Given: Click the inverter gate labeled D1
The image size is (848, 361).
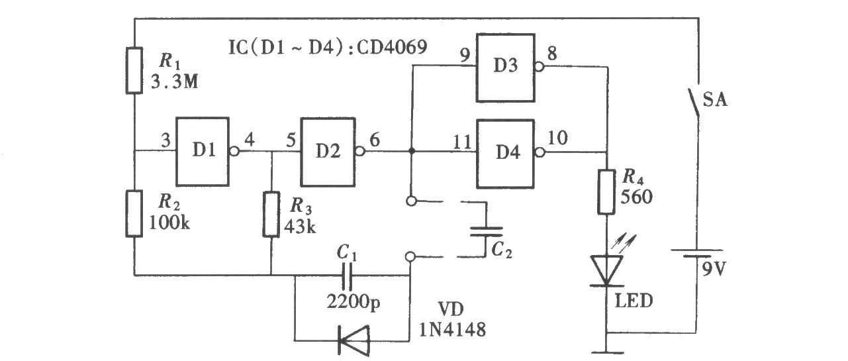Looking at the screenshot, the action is [203, 152].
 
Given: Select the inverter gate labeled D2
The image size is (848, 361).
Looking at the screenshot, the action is [328, 152].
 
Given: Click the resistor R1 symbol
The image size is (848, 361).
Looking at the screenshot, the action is [134, 70].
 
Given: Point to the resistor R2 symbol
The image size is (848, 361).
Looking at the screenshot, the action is [134, 214].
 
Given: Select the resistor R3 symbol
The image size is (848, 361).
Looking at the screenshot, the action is [271, 215].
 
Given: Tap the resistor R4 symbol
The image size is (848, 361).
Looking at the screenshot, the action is [606, 192].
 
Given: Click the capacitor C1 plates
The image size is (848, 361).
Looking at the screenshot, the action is [347, 276].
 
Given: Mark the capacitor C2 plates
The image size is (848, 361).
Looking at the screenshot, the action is [486, 231].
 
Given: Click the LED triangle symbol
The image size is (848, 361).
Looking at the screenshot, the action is [606, 270].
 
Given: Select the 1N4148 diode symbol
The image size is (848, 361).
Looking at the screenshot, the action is [353, 340].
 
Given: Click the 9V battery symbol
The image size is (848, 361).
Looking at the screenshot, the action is [696, 254].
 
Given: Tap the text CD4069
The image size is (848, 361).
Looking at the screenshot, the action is [392, 47].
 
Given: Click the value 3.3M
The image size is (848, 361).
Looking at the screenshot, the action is [175, 81].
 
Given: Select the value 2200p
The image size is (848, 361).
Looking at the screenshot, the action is [353, 302].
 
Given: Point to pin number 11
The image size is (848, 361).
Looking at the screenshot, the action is [462, 142].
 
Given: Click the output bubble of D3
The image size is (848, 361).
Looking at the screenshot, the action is [539, 67].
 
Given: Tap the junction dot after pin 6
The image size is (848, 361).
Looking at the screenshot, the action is [412, 151].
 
